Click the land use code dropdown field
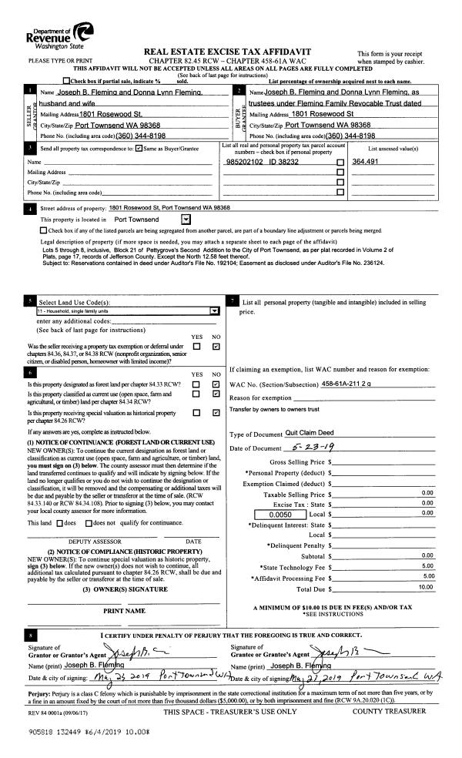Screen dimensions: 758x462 (126, 311)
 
